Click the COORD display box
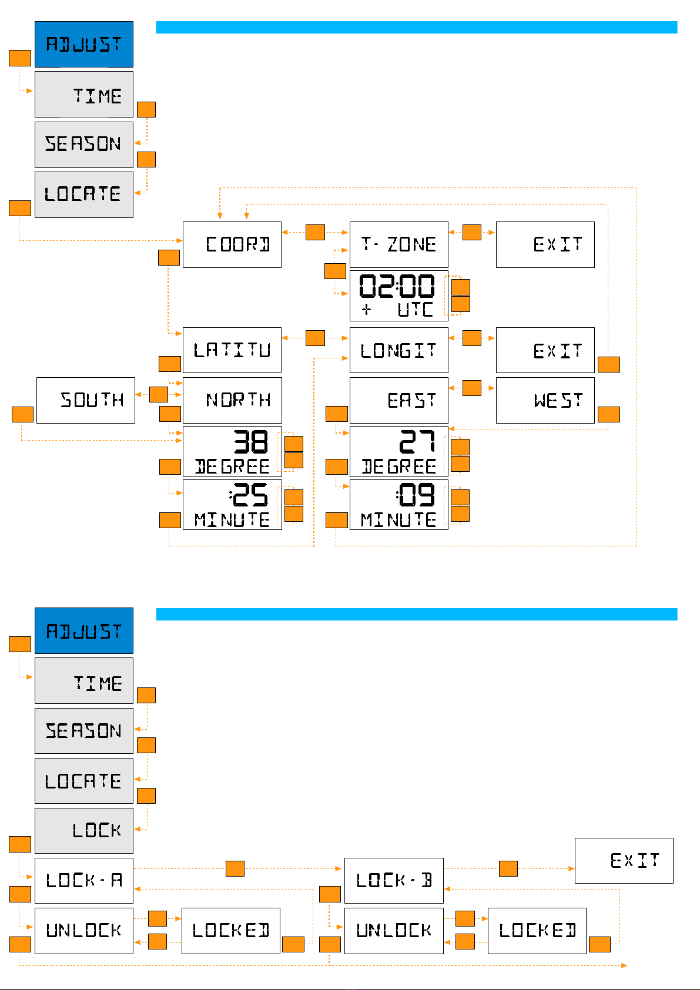click(232, 244)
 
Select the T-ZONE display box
click(399, 244)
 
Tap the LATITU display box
click(232, 350)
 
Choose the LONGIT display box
click(399, 350)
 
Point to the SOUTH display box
click(86, 400)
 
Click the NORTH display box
click(232, 400)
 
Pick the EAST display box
click(399, 400)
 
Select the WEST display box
click(545, 400)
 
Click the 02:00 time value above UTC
click(397, 287)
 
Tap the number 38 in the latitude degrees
click(251, 442)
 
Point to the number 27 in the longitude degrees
click(417, 442)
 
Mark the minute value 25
click(250, 495)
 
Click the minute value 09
click(416, 495)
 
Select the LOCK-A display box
click(84, 880)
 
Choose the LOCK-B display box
click(394, 880)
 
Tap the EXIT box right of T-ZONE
click(545, 244)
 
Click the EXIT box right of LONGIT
click(545, 350)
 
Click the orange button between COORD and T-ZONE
click(316, 233)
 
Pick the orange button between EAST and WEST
click(472, 388)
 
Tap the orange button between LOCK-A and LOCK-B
click(235, 868)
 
